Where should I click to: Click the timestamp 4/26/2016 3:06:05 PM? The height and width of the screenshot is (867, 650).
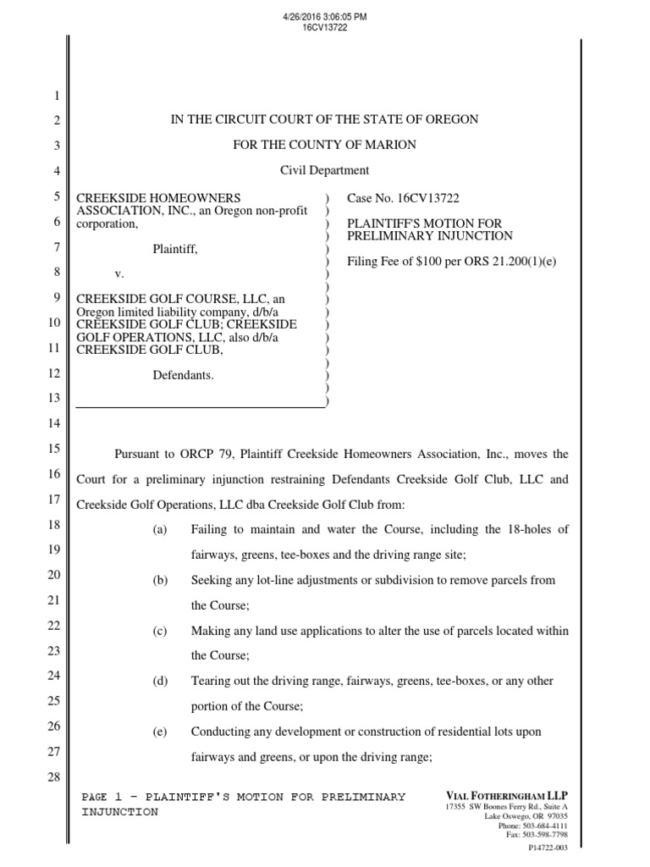325,17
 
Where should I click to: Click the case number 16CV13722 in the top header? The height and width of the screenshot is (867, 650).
325,27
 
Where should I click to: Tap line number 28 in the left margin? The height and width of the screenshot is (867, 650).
53,778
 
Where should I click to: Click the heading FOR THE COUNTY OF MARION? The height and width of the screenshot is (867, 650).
324,145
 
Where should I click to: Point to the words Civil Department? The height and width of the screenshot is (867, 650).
324,170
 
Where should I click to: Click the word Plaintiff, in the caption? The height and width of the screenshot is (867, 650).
175,248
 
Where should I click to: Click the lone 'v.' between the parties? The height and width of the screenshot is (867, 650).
119,273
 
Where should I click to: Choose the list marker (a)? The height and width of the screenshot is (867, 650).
160,530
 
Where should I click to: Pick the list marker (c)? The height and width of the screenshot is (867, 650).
160,632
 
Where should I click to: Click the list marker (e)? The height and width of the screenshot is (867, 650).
160,732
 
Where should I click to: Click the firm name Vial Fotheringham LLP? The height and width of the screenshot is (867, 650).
506,796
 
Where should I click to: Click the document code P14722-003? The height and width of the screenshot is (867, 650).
548,847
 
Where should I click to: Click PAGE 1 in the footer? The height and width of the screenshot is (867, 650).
102,797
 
